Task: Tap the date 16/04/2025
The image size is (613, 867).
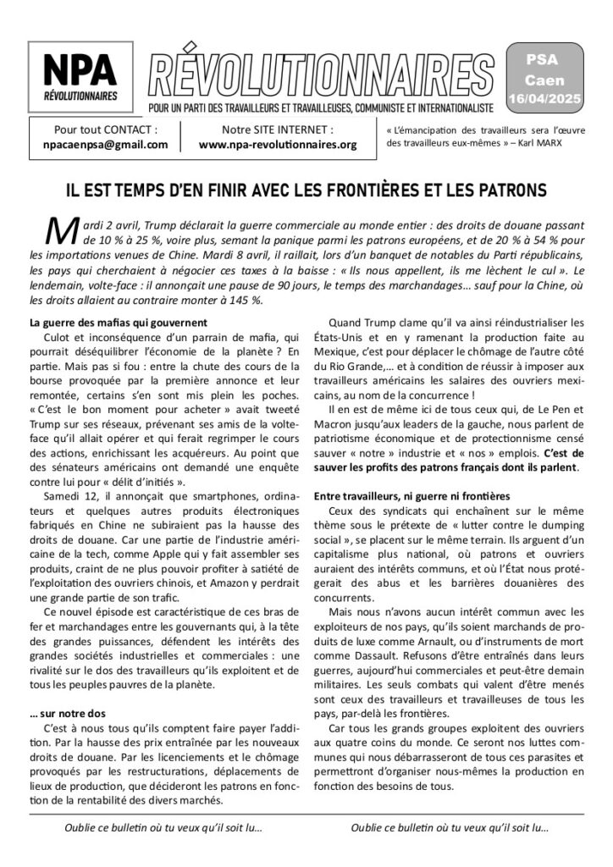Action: point(555,99)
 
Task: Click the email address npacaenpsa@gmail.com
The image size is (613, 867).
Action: point(105,144)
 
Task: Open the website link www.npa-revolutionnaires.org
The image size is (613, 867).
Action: point(277,144)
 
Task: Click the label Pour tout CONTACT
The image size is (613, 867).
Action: point(105,130)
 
